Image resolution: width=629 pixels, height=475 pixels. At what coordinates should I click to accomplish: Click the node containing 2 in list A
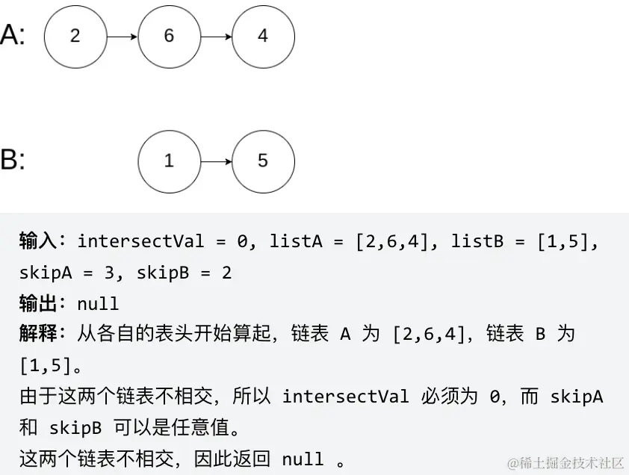[x=75, y=36]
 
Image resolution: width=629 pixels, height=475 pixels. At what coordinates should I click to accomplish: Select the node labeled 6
[x=169, y=36]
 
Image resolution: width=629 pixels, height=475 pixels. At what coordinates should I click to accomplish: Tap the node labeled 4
[x=263, y=36]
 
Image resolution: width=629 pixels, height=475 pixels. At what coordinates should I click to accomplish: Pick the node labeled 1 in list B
[x=169, y=161]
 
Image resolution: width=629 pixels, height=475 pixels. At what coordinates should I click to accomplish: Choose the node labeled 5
[x=263, y=161]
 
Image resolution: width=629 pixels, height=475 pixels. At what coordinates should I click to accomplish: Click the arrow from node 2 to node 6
[x=122, y=36]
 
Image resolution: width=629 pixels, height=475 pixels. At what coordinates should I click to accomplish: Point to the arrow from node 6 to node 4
[x=216, y=36]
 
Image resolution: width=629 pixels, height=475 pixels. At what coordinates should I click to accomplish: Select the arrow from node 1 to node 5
[x=216, y=161]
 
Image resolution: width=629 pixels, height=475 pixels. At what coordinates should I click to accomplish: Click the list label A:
[x=13, y=35]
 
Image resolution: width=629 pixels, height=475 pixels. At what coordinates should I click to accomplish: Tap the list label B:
[x=13, y=161]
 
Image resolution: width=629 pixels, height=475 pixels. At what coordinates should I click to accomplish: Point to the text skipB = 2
[x=183, y=273]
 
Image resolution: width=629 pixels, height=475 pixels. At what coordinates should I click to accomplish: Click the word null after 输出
[x=98, y=303]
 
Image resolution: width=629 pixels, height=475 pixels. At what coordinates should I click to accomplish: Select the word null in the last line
[x=303, y=459]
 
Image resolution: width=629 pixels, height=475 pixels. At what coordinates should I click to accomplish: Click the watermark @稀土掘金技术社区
[x=566, y=463]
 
